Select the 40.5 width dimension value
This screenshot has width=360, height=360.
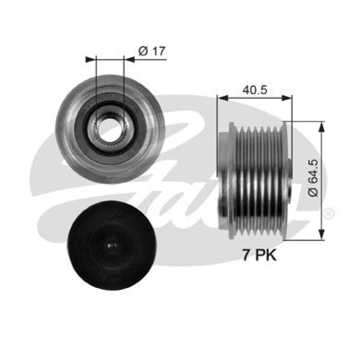(255, 90)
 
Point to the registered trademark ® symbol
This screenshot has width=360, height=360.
(329, 213)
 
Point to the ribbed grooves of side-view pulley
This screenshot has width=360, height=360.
(259, 180)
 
